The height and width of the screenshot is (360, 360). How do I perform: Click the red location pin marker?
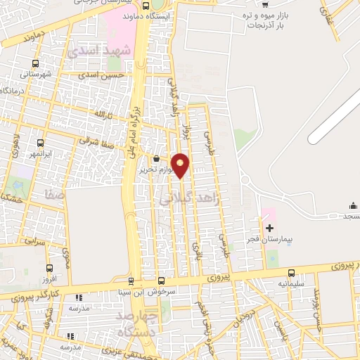pos(181,166)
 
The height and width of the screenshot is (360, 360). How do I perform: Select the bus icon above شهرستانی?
pos(36,61)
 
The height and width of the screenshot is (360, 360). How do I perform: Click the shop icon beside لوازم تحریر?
pos(156,159)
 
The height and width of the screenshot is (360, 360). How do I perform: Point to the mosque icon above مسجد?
pos(352,205)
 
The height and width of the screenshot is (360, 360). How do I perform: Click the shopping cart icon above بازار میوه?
pos(264,4)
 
